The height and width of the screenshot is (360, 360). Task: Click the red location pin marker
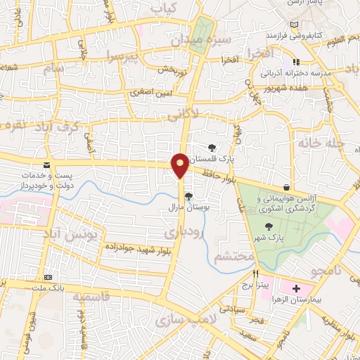pos(180,165)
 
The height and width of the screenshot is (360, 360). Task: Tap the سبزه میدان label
pos(202,41)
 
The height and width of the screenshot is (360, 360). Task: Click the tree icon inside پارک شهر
pos(267,226)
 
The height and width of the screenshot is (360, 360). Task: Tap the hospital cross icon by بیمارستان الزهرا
pos(296,288)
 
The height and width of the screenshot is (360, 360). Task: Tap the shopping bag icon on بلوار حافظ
pos(287,187)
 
